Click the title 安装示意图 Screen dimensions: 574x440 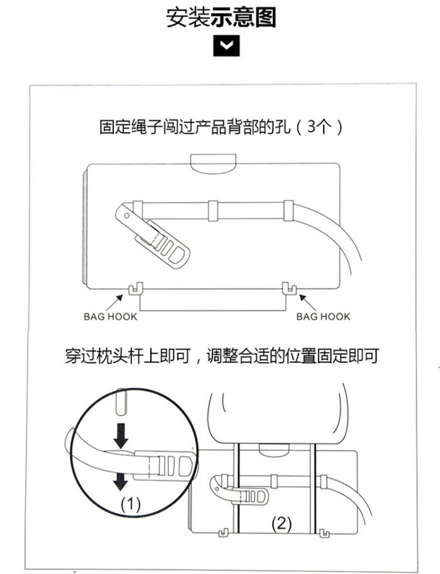point(221,17)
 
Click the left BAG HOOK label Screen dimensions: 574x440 point(110,317)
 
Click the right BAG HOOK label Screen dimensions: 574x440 point(323,317)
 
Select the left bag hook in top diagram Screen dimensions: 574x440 point(133,289)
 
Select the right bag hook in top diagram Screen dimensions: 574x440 point(289,289)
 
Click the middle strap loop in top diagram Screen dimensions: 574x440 point(212,211)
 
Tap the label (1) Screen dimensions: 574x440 point(130,504)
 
